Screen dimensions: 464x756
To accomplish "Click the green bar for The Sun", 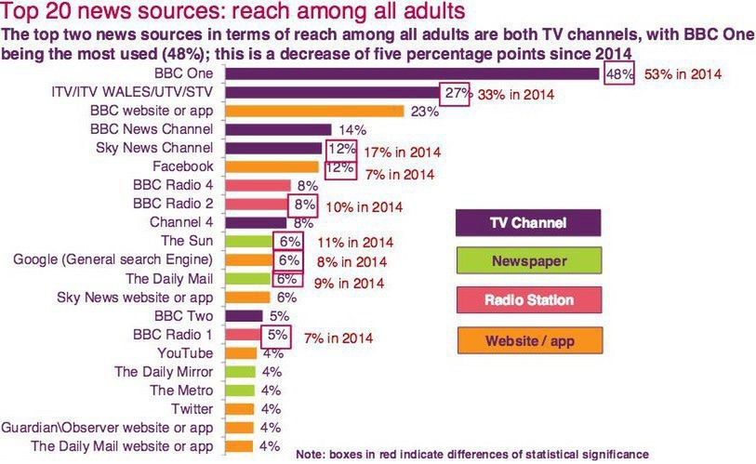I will click(248, 242).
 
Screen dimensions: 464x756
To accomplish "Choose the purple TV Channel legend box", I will click(527, 223).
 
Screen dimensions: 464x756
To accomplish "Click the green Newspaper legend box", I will click(527, 261).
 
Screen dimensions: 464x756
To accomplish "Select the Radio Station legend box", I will click(527, 300).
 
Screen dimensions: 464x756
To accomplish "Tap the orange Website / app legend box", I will click(527, 340).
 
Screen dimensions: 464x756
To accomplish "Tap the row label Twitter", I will click(192, 409).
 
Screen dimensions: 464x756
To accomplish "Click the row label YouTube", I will click(187, 353).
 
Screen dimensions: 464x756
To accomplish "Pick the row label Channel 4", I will click(182, 223).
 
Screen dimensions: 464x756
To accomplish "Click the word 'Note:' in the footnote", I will click(312, 455).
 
